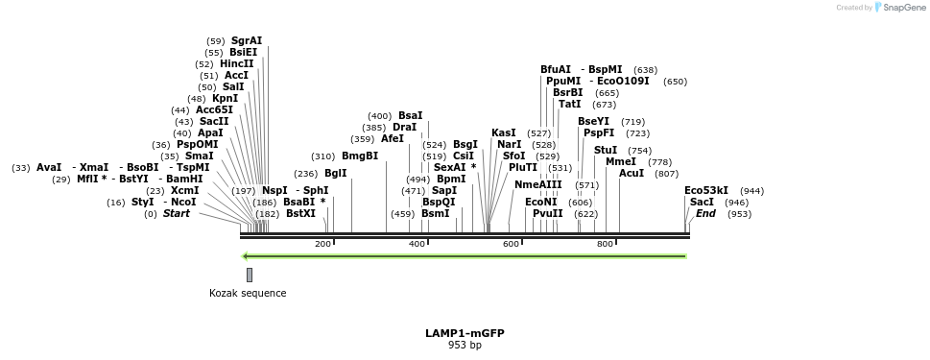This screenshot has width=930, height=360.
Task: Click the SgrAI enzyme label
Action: (246, 40)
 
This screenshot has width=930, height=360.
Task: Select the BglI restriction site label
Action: (335, 174)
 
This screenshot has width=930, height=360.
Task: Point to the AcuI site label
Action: (632, 174)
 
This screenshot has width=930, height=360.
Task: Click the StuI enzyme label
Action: (606, 151)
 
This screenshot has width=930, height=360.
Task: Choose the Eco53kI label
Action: (706, 190)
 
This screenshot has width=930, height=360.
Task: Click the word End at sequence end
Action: (705, 214)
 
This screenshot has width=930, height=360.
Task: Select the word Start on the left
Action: (176, 214)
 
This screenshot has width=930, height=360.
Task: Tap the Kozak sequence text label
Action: (248, 293)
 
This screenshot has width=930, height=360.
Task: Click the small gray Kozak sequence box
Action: (250, 275)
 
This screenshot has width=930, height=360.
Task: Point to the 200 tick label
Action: (322, 244)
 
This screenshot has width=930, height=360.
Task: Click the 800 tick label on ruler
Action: (605, 244)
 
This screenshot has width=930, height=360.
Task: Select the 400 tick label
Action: (417, 244)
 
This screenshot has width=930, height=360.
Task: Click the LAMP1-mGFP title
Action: (465, 333)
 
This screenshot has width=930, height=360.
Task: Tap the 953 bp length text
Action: (465, 346)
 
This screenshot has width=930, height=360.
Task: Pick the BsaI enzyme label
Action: (410, 116)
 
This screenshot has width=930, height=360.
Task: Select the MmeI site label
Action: (620, 162)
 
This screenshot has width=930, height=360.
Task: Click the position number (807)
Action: (666, 174)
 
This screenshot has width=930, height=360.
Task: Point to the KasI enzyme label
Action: (504, 132)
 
